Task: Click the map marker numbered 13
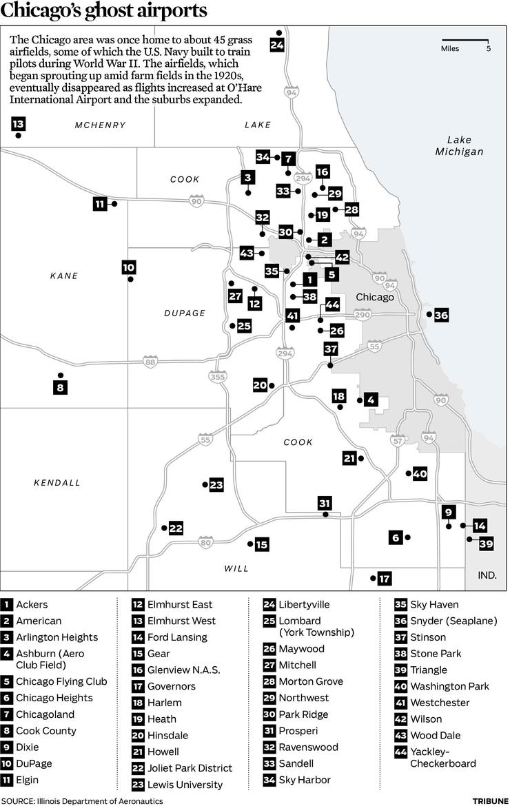point(18,125)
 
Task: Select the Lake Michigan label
point(458,145)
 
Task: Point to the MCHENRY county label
point(101,125)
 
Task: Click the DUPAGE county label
point(185,313)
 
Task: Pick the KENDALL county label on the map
point(57,483)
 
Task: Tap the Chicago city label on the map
point(374,297)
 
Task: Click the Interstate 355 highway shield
point(217,377)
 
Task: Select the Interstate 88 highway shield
point(150,361)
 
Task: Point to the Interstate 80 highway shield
point(205,542)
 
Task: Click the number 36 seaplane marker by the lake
point(441,316)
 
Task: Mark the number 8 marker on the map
point(61,388)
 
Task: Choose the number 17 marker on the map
point(385,578)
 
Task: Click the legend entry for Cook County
point(46,730)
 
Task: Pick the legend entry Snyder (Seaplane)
point(453,621)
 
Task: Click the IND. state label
point(487,575)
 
